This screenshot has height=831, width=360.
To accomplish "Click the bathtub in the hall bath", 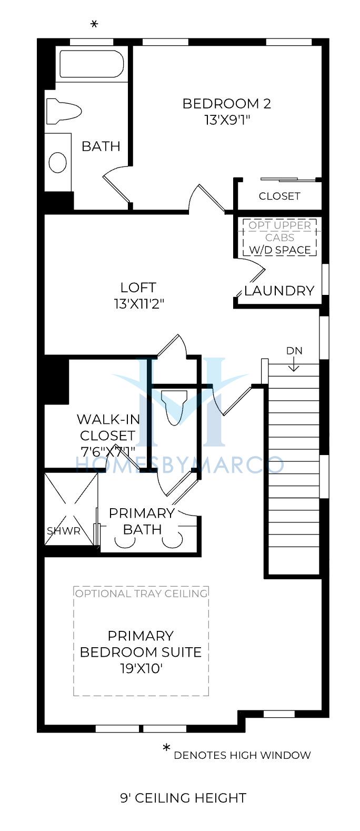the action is tap(92, 64).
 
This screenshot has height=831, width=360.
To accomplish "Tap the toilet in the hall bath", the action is tap(63, 111).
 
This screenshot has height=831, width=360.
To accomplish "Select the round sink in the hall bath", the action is tap(58, 162).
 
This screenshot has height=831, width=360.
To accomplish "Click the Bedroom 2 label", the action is tap(226, 104).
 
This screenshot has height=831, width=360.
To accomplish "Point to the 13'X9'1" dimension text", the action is tap(227, 120).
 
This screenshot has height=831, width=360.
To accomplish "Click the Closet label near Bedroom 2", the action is tap(279, 196).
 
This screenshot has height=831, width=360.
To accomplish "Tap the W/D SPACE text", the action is tap(280, 250).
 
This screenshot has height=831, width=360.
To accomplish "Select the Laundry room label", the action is tap(279, 291).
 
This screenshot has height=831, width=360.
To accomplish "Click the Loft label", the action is tap(138, 287).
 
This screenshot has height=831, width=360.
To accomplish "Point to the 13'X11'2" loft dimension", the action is tap(138, 303).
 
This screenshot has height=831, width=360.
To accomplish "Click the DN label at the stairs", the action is tap(294, 351).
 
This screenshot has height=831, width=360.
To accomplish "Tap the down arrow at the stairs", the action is tap(294, 364).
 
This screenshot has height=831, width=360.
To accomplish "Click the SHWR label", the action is tap(63, 531).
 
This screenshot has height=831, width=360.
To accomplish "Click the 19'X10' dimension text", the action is tap(141, 668).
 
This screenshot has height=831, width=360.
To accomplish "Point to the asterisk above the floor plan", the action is tap(94, 25).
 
